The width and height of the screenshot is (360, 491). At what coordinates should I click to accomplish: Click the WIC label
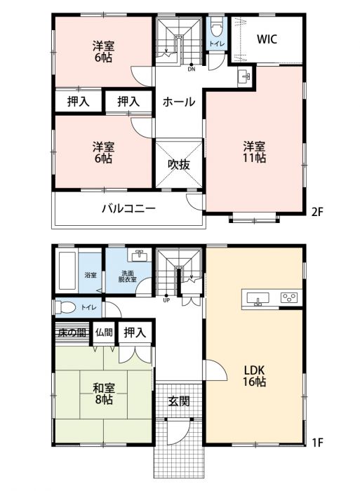[267, 39]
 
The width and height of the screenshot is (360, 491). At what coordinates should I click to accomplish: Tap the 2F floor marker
[316, 213]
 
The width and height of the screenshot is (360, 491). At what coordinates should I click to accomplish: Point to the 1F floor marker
[317, 443]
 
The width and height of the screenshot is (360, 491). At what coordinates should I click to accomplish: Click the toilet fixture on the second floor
[217, 27]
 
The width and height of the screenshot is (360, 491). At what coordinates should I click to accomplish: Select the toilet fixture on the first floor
[65, 307]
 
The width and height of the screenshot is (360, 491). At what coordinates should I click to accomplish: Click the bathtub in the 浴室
[67, 271]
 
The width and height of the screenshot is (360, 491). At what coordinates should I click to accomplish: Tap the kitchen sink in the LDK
[258, 298]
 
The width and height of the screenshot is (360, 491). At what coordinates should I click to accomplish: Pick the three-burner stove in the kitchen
[291, 297]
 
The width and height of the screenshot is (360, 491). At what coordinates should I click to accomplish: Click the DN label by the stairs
[192, 69]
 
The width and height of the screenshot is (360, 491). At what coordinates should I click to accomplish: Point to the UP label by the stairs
[166, 300]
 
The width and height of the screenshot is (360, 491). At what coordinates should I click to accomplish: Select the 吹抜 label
[179, 164]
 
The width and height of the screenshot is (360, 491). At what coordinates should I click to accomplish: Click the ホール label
[179, 102]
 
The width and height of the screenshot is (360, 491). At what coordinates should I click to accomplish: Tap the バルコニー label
[129, 208]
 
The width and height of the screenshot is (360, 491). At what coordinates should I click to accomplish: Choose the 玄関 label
[179, 401]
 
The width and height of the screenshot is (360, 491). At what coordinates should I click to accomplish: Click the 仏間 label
[104, 332]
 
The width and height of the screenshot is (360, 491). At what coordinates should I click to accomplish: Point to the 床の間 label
[72, 332]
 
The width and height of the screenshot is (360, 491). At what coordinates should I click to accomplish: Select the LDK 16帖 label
[255, 376]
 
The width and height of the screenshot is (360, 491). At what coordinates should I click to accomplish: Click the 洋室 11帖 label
[255, 152]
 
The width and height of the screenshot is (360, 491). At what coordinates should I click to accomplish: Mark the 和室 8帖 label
[103, 394]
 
